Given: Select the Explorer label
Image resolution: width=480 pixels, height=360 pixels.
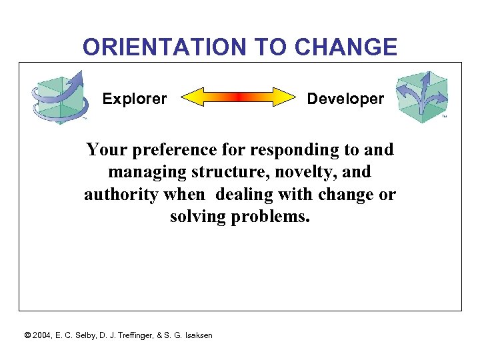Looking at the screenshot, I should point(135,99).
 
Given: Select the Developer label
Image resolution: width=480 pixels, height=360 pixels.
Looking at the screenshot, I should point(345,99).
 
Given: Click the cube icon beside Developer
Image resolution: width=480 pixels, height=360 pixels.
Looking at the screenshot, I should point(421,97).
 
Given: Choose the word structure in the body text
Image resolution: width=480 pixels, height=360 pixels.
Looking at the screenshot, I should point(222,173).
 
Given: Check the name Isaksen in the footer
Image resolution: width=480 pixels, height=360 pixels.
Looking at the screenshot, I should point(196,335).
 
